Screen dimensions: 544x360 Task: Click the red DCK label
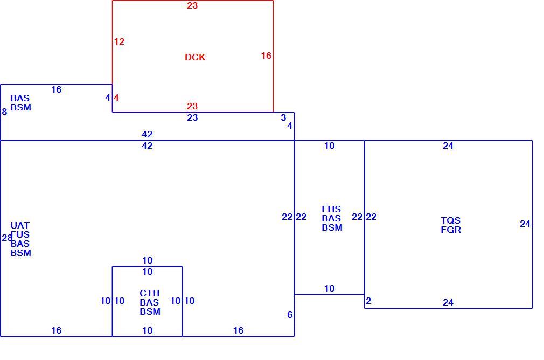click(x=195, y=57)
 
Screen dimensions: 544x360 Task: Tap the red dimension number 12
click(x=119, y=41)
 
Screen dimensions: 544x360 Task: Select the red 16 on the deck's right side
click(x=266, y=56)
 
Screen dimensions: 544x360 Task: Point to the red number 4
click(x=116, y=98)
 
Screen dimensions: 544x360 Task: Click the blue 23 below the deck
click(x=192, y=117)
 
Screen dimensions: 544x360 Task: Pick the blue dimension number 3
click(x=283, y=117)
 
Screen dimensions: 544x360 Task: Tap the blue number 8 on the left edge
click(x=4, y=112)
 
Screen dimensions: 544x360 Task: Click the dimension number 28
click(x=6, y=238)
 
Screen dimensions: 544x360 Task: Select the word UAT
click(x=20, y=226)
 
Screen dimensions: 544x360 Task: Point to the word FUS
click(x=20, y=234)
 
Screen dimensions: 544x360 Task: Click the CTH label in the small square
click(x=150, y=293)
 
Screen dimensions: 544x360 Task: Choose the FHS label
click(x=331, y=209)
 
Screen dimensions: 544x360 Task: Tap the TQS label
click(x=451, y=220)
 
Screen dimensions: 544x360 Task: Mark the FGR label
click(x=451, y=230)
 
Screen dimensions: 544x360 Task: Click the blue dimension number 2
click(x=368, y=301)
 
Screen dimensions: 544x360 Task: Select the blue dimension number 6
click(x=290, y=315)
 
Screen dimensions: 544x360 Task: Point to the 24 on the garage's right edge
click(x=525, y=224)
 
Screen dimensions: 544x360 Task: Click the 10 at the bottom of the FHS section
click(x=329, y=288)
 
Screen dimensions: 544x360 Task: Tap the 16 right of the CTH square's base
click(x=239, y=330)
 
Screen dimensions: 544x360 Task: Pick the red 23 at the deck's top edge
click(x=192, y=5)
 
